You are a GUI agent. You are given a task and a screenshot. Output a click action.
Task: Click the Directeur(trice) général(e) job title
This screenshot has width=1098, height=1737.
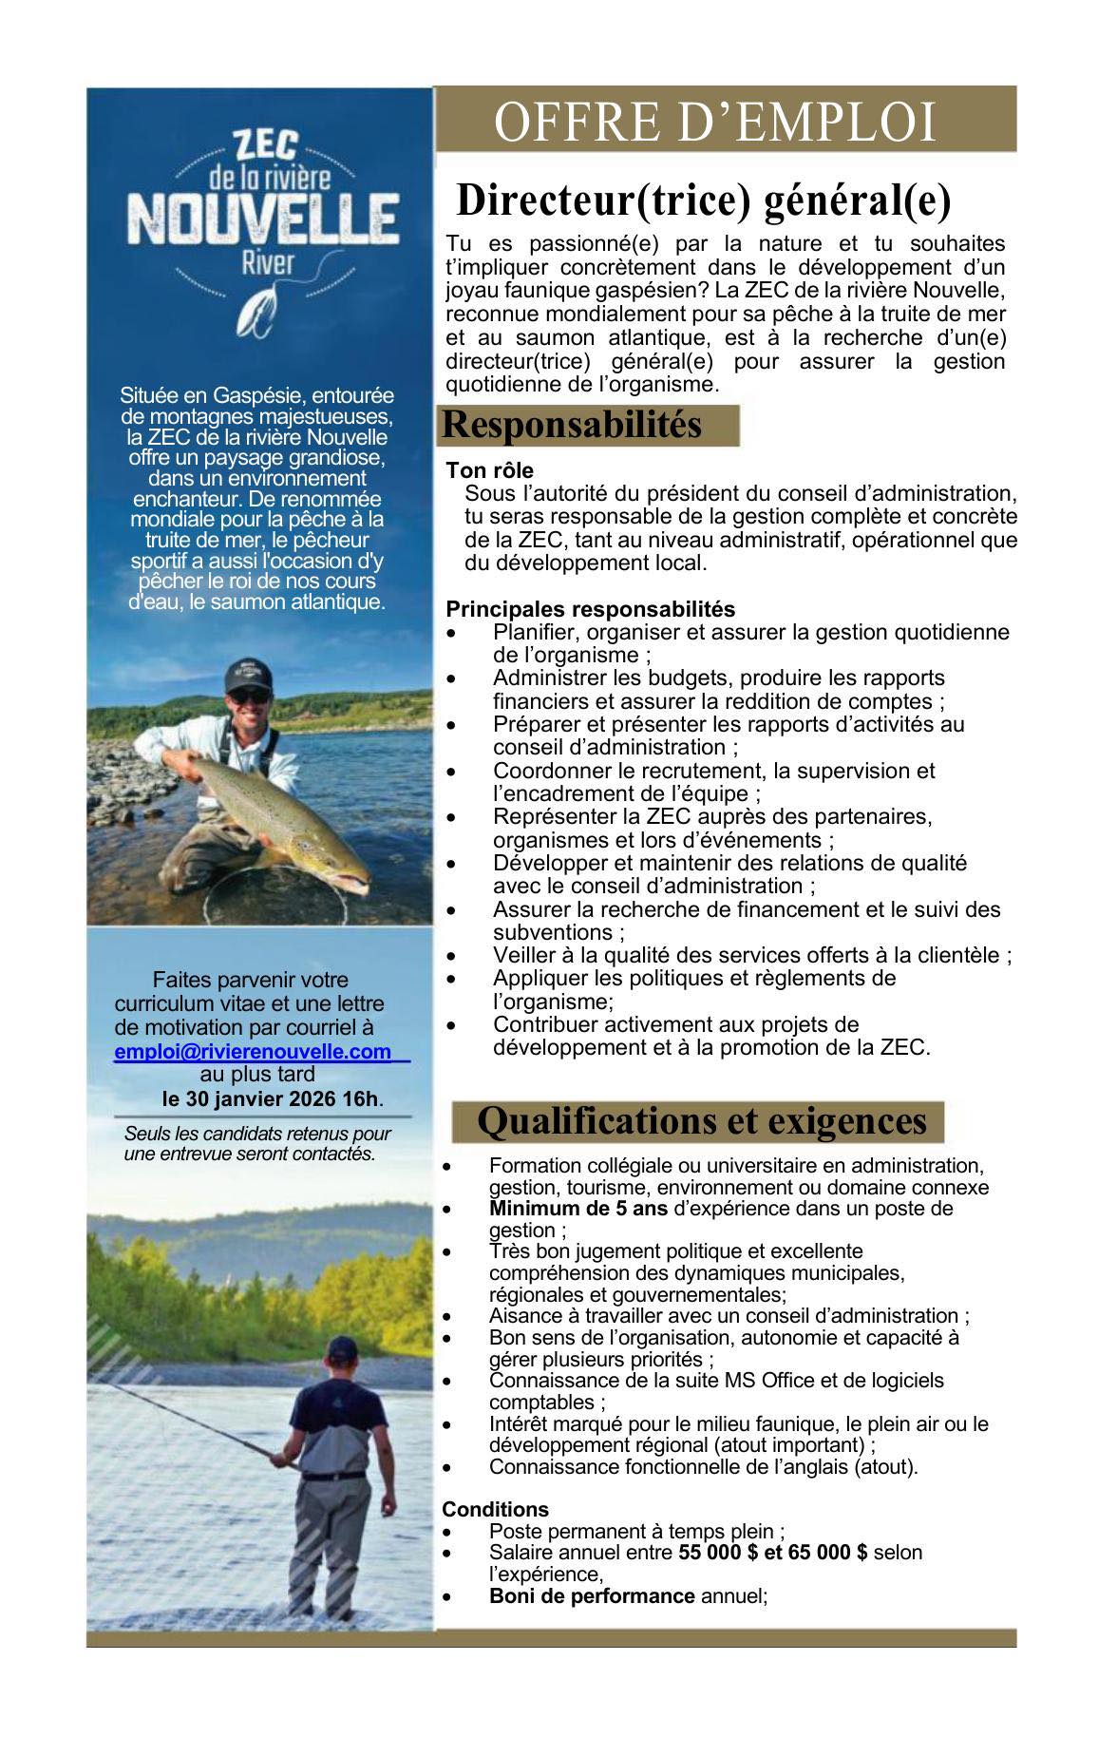tap(703, 200)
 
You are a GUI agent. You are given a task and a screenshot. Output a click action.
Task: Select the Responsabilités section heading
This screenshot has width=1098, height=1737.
tap(572, 425)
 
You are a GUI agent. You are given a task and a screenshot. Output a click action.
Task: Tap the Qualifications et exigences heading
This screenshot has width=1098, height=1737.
tap(701, 1121)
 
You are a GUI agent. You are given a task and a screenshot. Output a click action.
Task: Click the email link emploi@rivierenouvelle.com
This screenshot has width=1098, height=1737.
tap(253, 1052)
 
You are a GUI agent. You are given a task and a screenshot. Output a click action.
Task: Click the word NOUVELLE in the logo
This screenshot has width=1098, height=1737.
tap(262, 220)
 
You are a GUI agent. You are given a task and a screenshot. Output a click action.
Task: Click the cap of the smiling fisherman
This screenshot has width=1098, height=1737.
tap(249, 672)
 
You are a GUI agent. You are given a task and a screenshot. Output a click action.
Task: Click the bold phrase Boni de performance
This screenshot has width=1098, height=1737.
tap(592, 1596)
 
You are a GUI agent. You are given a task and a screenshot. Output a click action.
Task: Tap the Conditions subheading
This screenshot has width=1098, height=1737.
tap(495, 1509)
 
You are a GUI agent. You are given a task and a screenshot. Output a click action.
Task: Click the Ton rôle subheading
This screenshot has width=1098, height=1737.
tap(489, 470)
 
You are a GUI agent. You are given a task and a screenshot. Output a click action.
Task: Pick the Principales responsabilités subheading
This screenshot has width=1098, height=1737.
tap(590, 608)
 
